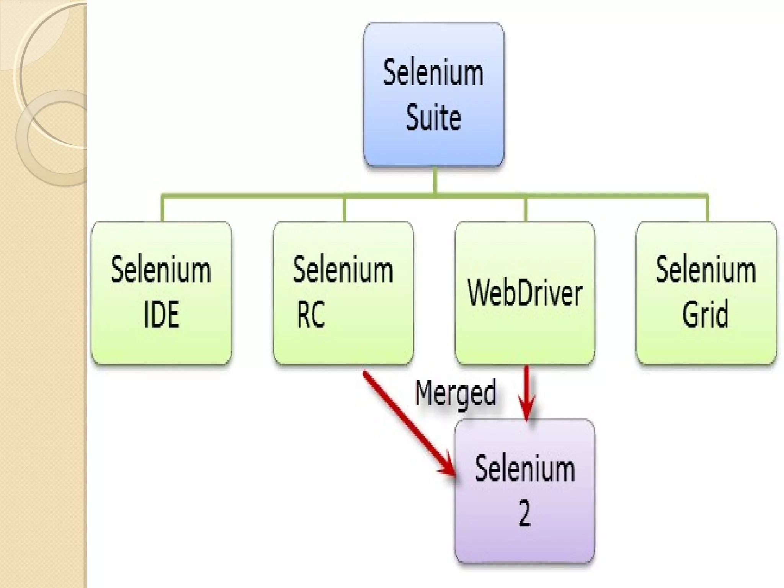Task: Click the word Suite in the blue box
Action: tap(433, 118)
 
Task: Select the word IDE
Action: tap(161, 314)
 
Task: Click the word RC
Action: tap(310, 314)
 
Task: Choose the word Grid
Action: tap(706, 314)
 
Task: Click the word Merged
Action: tap(456, 393)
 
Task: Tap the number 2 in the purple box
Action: tap(525, 514)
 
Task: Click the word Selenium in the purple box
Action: tap(525, 469)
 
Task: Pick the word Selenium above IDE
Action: tap(161, 270)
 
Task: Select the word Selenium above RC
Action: tap(343, 270)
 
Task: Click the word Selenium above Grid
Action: tap(706, 270)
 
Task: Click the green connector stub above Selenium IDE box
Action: tap(162, 209)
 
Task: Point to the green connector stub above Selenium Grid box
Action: tap(707, 209)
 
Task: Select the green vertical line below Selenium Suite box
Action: tap(435, 180)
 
